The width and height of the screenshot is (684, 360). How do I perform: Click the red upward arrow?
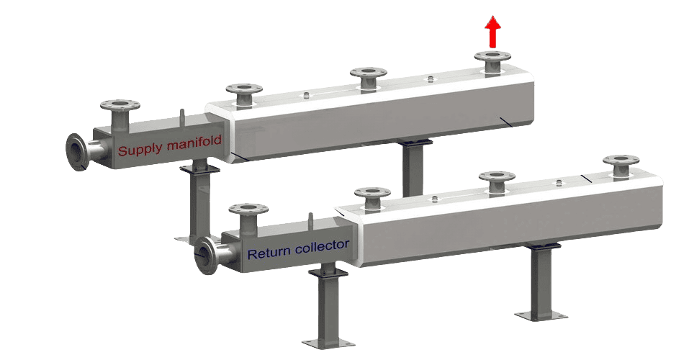(492, 32)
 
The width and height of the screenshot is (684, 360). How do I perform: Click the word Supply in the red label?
(140, 151)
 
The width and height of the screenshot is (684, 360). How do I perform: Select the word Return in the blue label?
(267, 253)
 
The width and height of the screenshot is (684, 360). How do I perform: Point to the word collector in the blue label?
(321, 246)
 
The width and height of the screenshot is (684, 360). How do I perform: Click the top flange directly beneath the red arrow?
(492, 57)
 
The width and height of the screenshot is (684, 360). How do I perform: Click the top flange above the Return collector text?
(248, 210)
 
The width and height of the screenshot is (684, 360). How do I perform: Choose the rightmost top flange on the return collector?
(621, 160)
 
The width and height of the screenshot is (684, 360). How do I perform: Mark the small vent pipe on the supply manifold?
(183, 116)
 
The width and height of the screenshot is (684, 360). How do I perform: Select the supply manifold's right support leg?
(414, 169)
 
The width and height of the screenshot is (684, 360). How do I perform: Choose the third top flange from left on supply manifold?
(369, 73)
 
